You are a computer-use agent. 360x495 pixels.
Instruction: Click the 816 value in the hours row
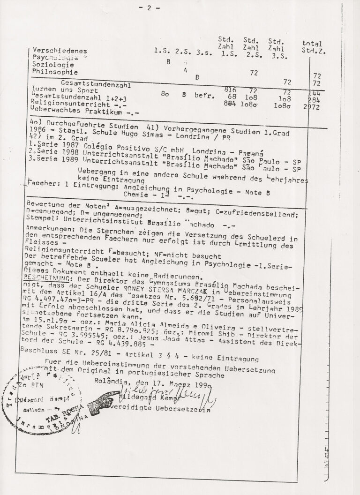click(230, 90)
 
